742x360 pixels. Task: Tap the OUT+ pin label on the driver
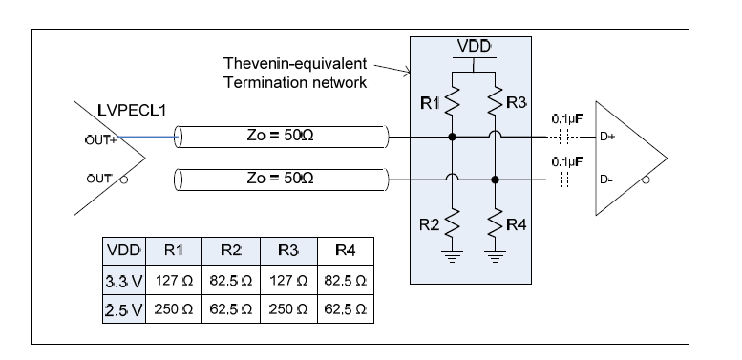(x=100, y=136)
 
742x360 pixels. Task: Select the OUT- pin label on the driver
(x=99, y=179)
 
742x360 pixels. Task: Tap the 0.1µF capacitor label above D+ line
(x=569, y=119)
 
